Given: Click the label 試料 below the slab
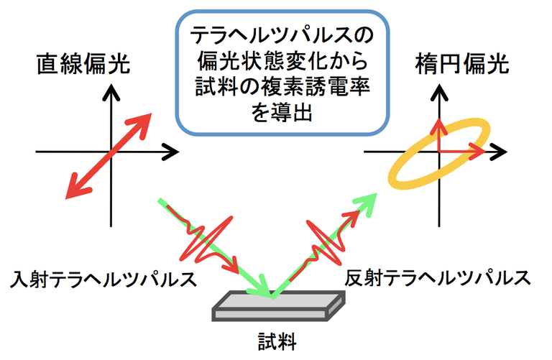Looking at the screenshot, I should pyautogui.click(x=277, y=337).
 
